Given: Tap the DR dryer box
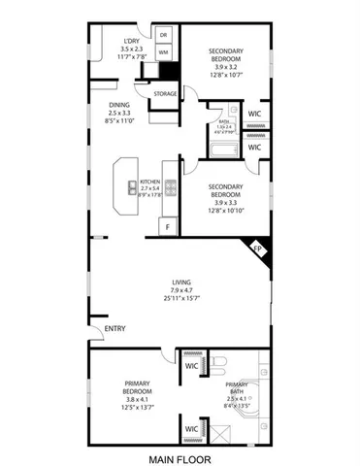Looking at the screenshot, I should [x=163, y=36].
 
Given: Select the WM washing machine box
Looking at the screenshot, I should [x=163, y=51].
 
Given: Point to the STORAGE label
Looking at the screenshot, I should [x=165, y=94].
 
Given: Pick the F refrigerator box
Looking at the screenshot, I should [x=167, y=226].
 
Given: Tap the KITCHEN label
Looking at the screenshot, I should [x=149, y=182].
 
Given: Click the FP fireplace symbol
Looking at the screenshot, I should [x=258, y=249].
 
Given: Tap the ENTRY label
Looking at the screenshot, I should [x=115, y=328].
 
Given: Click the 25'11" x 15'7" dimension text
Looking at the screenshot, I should [x=180, y=297].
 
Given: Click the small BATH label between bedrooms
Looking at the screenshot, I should [x=223, y=135].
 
